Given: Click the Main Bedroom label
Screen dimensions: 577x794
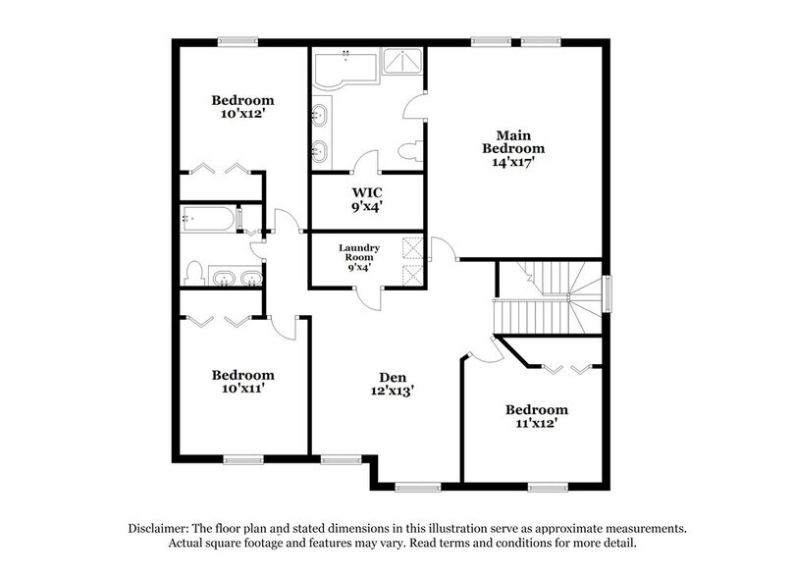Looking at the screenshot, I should click(519, 141).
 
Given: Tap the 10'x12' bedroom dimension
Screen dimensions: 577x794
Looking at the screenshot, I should click(242, 114).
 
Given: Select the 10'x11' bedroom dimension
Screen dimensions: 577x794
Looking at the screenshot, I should click(242, 389).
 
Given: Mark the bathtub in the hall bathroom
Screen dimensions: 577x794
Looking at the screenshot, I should click(208, 218).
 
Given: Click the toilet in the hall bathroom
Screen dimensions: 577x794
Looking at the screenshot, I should click(194, 271).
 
